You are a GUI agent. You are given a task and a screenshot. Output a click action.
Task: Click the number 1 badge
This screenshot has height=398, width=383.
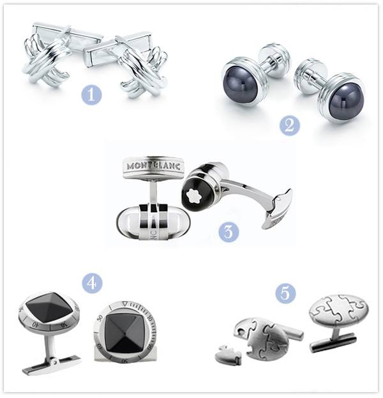(x=92, y=95)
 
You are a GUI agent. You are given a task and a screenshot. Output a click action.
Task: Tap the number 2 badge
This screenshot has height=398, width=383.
(x=289, y=124)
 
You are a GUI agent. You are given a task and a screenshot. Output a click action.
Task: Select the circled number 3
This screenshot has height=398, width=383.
(x=228, y=232)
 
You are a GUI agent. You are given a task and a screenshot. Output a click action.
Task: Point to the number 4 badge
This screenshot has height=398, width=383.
(x=92, y=282)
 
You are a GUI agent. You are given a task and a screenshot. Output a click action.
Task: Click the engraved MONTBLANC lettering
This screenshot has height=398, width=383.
(x=153, y=165)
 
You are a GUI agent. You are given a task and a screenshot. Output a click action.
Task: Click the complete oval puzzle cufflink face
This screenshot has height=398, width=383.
(x=338, y=312)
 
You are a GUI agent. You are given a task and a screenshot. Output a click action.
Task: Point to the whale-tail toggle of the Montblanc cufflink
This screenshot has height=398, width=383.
(x=278, y=209)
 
